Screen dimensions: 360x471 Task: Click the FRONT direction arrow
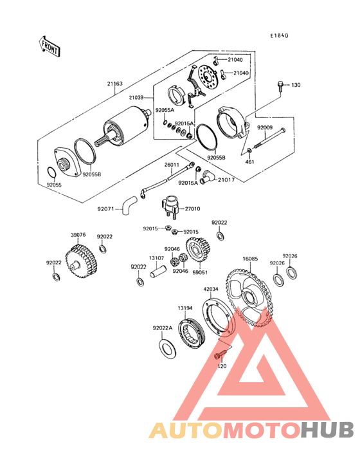[x=50, y=46]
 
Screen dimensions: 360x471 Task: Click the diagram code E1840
[x=279, y=35]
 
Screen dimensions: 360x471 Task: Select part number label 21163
[x=115, y=84]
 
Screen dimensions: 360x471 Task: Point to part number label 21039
[x=136, y=98]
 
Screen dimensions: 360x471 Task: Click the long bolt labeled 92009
[x=270, y=138]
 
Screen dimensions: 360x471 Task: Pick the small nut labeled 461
[x=249, y=150]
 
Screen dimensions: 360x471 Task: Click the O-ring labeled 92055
[x=51, y=172]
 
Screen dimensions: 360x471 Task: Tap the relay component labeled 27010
[x=170, y=207]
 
